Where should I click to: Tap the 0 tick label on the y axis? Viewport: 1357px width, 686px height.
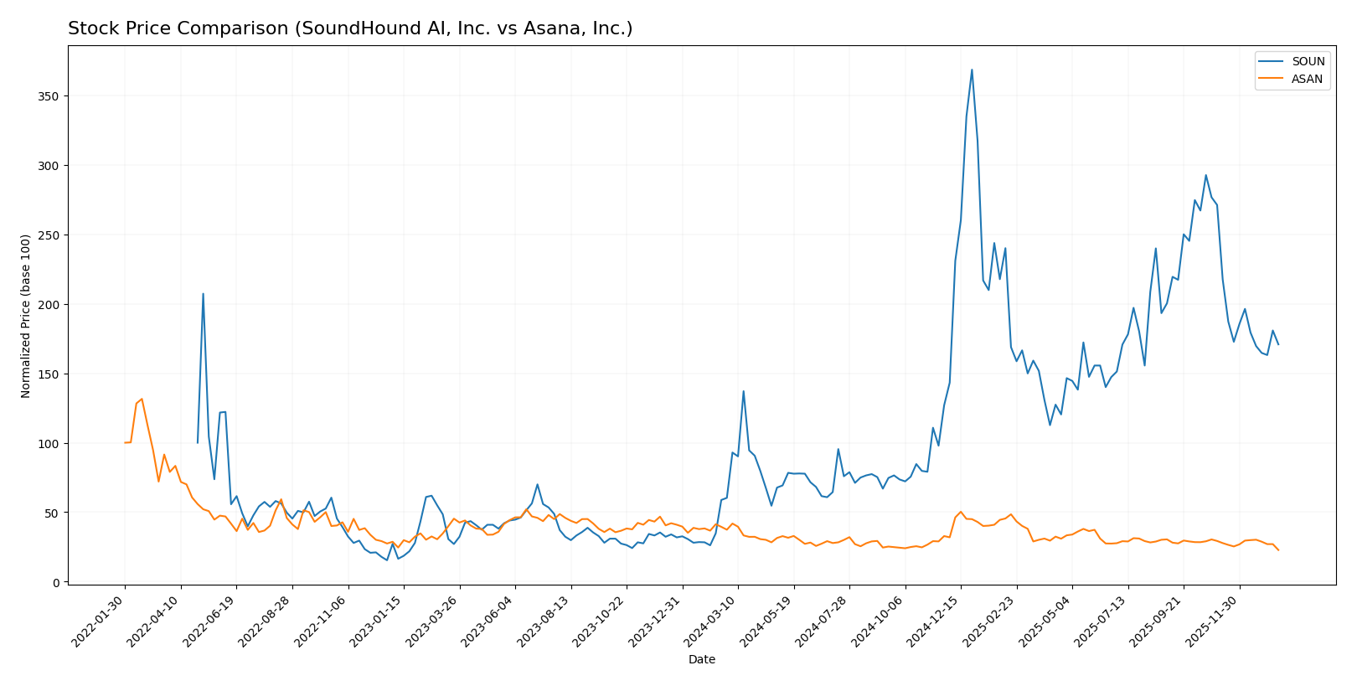56,583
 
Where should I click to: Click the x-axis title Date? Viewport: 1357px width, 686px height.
702,660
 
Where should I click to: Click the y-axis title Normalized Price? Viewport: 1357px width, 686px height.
26,316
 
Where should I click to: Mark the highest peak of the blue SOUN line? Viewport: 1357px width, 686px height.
972,70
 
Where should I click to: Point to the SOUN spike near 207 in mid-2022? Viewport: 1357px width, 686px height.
203,294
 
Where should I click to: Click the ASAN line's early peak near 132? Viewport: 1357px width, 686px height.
142,399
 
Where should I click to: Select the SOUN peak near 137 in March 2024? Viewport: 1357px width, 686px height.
743,391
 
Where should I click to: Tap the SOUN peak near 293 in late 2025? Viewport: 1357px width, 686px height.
1205,175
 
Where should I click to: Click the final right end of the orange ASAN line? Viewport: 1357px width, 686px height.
1278,550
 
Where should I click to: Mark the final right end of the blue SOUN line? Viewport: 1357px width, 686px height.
1278,344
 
